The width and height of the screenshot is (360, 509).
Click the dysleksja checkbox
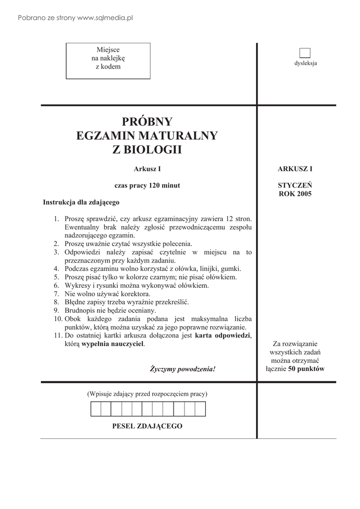pos(305,53)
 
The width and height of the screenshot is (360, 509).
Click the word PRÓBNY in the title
pos(148,122)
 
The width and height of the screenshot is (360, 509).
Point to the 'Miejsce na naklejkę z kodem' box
pos(108,61)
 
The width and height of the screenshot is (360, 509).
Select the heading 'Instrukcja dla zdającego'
pos(81,203)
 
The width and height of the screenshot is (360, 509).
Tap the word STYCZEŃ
pos(295,185)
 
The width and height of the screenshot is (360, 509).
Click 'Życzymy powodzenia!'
pos(183,369)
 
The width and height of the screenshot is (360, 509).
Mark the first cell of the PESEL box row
pos(95,409)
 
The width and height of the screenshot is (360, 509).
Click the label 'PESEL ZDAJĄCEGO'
pos(148,426)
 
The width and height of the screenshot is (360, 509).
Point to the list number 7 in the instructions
pos(56,294)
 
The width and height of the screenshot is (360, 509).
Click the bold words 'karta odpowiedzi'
pos(223,336)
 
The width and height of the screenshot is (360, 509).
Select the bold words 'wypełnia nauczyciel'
pos(113,344)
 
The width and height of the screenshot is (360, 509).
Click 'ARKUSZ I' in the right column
pos(295,169)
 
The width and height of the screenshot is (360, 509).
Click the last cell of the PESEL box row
pos(200,409)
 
